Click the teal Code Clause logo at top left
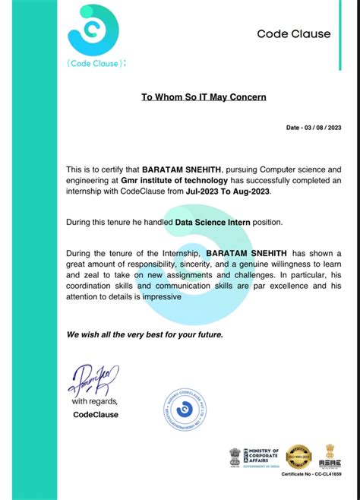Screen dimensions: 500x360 93,30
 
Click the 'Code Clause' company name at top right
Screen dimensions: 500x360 293,33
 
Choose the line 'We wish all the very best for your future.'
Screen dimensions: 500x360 144,334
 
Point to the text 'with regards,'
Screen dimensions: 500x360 95,400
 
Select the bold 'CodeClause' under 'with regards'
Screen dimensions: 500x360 95,414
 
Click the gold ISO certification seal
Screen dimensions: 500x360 298,456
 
